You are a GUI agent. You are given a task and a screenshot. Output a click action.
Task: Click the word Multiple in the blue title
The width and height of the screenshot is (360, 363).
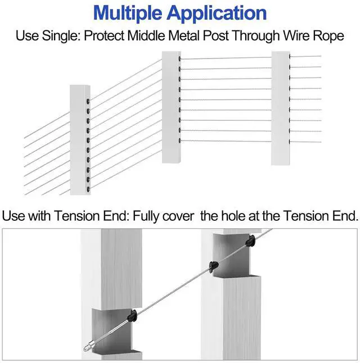128,13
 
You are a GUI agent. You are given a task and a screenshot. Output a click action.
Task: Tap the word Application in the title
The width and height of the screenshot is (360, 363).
217,13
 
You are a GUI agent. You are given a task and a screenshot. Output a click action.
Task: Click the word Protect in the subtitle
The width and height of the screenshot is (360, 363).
103,36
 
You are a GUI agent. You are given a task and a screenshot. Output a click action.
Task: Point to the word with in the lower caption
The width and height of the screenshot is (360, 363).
39,216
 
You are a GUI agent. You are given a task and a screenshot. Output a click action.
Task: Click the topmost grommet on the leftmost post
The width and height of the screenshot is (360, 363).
88,101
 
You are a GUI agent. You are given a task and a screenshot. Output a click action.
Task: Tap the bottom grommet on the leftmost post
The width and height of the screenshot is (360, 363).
88,189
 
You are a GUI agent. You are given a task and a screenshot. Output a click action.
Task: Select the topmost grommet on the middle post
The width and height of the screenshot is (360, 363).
179,59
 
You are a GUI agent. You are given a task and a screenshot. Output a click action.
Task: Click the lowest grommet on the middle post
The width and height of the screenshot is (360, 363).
179,140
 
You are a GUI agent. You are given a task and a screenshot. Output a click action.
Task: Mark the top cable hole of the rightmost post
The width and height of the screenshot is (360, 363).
290,56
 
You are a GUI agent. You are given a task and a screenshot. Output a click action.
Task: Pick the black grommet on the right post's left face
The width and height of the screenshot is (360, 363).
214,266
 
